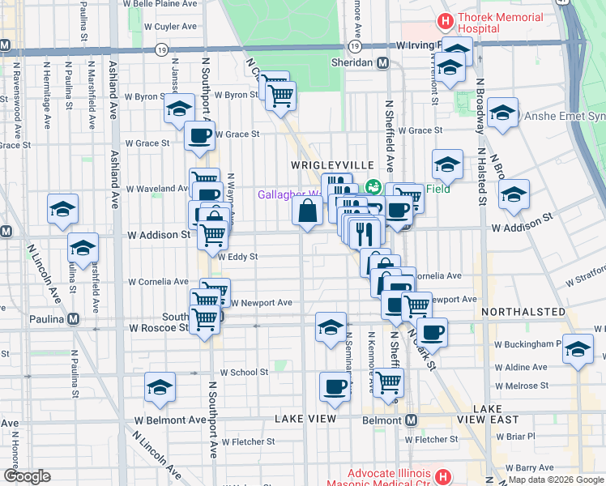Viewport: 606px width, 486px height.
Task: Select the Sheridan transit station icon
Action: coord(382,62)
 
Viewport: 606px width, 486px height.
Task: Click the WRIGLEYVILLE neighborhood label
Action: coord(324,164)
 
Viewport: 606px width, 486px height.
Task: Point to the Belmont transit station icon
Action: coord(412,420)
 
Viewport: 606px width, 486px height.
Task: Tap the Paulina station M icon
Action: coord(73,318)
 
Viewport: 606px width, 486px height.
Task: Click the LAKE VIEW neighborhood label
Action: coord(305,419)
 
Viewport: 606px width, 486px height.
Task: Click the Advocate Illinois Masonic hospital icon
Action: coord(442,475)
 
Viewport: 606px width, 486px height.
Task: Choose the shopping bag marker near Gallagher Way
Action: coord(308,211)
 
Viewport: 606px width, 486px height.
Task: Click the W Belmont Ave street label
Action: coord(171,420)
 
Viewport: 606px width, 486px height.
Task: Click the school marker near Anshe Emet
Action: coord(502,114)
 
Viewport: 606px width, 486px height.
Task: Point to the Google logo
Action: coord(28,476)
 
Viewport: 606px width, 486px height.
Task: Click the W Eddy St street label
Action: coord(237,257)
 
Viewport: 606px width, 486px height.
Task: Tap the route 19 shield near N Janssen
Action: coord(163,50)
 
